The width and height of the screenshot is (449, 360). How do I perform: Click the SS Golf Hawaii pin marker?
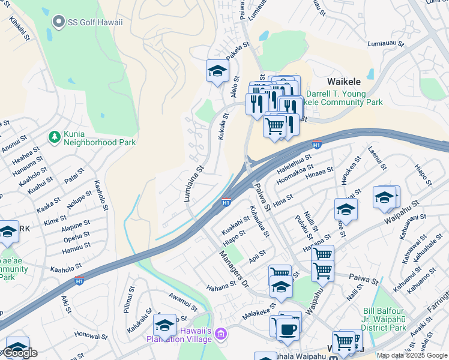[x=58, y=23]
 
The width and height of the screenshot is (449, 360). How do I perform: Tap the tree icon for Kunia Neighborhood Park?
[x=55, y=137]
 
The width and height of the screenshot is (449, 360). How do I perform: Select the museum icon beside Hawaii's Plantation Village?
[x=221, y=333]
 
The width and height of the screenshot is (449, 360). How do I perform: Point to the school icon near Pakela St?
[x=217, y=71]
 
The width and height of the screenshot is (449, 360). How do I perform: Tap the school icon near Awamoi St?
[x=164, y=325]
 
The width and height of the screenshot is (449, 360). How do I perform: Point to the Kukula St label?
[x=223, y=127]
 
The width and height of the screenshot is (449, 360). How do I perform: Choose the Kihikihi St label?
[x=19, y=28]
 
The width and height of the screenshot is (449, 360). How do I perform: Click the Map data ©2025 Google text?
[x=412, y=355]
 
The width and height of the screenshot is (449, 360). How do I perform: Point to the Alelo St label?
[x=235, y=92]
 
